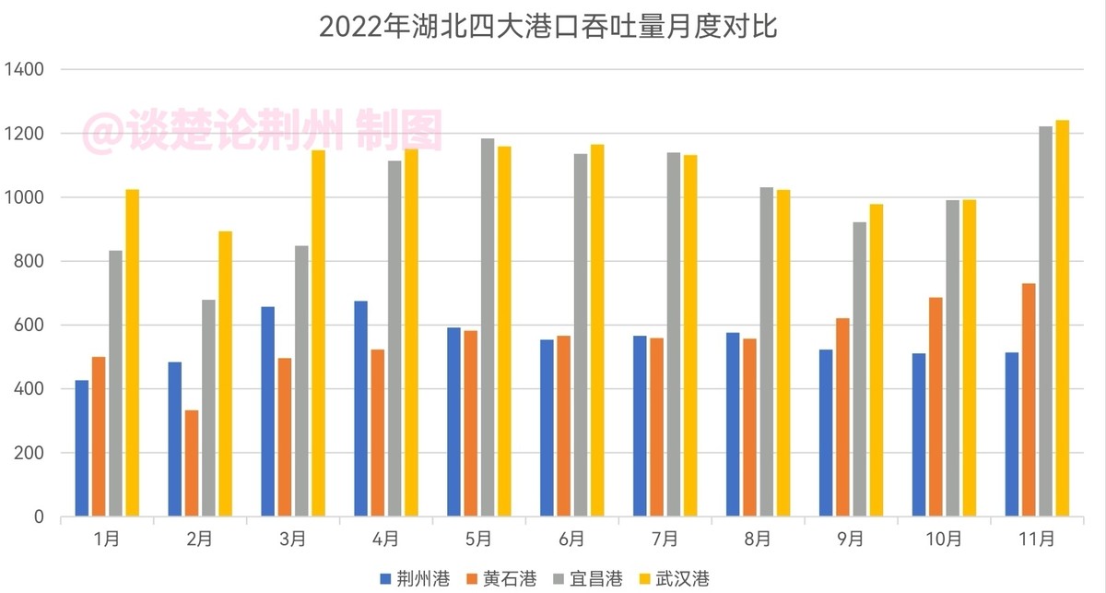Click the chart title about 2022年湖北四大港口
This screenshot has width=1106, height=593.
[548, 26]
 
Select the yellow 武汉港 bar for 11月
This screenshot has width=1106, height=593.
[1062, 318]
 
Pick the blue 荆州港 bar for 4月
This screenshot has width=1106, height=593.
[360, 409]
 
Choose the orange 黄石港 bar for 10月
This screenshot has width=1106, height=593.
[935, 406]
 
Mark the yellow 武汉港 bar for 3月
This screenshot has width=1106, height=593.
[318, 333]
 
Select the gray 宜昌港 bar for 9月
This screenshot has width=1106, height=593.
[859, 369]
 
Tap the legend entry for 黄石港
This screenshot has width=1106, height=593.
[503, 578]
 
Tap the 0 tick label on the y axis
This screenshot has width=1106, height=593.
[39, 517]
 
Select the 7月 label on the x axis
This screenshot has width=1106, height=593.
[665, 539]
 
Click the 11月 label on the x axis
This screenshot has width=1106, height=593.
[1037, 539]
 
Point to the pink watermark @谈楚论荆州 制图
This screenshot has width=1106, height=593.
[264, 131]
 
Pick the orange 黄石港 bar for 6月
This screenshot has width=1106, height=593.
[563, 426]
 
